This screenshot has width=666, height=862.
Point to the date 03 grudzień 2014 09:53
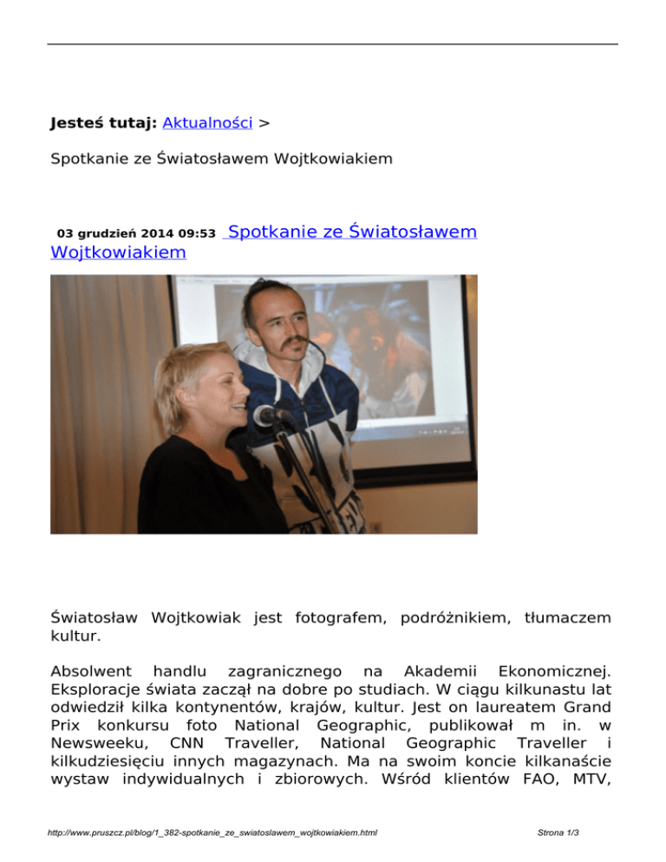pos(136,234)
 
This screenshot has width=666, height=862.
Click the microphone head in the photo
pos(264,415)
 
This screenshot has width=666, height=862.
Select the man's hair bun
pos(264,287)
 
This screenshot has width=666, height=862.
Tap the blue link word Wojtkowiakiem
pos(118,252)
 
